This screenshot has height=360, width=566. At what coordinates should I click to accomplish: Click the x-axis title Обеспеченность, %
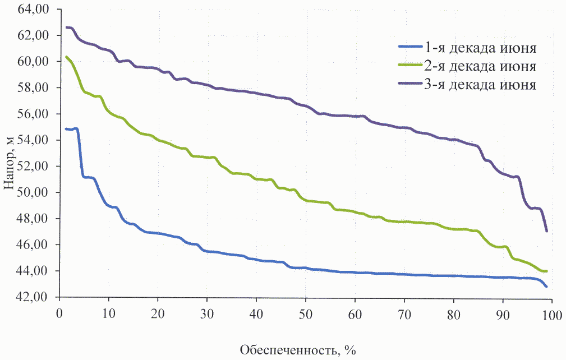pos(298,350)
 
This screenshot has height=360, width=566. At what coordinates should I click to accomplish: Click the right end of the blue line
pos(546,287)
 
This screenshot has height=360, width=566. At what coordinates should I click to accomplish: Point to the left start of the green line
pos(67,57)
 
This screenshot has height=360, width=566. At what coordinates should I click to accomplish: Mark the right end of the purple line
pos(546,230)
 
